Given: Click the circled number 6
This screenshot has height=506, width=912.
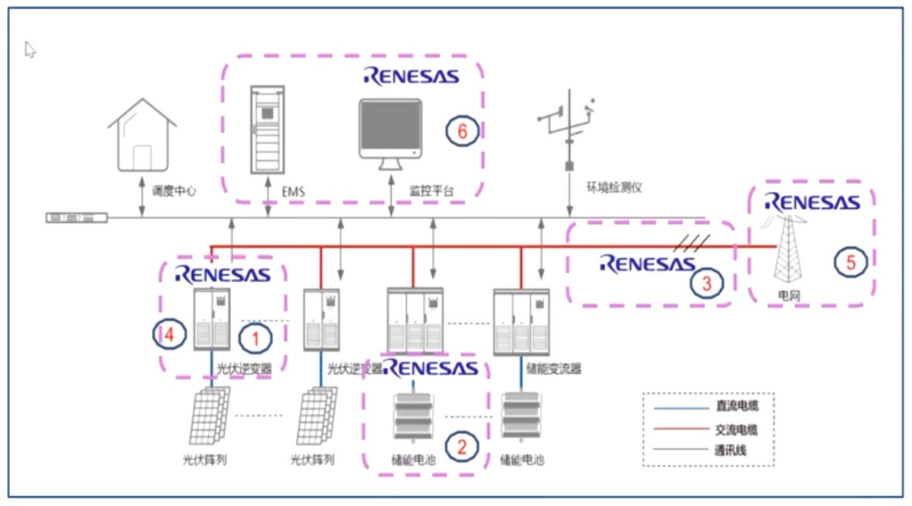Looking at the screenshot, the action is (462, 131).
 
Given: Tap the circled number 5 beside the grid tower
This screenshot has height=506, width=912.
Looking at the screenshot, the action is (850, 262).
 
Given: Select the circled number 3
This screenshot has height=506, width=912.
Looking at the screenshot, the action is (706, 283).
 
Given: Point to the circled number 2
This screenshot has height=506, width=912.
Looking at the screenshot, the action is (461, 447).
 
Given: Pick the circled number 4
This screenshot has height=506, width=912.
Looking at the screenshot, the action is (170, 335).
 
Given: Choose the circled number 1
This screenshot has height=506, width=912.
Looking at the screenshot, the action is (255, 339).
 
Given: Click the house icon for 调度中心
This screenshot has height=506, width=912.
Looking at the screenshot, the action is (142, 134).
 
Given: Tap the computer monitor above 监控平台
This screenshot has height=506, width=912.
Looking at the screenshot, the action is (390, 134).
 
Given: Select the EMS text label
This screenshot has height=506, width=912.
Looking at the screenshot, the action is (293, 191).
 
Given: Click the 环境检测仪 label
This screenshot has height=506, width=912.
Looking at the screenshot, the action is (614, 188).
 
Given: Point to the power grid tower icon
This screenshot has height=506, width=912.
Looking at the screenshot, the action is (788, 249).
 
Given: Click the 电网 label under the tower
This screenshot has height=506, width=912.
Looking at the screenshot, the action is (789, 295).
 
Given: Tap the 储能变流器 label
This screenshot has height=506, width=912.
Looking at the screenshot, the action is (553, 369).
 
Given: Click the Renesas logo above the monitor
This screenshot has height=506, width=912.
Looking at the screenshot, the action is (411, 76).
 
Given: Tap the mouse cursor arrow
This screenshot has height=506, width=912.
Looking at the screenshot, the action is (29, 50).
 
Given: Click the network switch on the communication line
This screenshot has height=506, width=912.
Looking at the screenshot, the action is (77, 218).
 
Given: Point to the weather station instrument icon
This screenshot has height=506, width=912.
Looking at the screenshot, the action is (568, 130).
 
